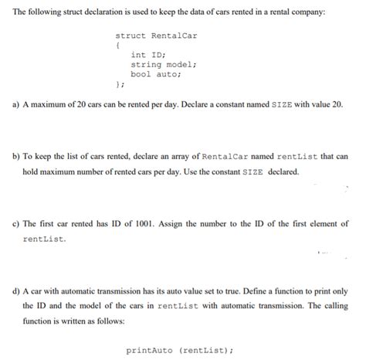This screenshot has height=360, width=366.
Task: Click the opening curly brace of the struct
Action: (x=117, y=45)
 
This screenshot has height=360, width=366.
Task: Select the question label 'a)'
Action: (x=16, y=104)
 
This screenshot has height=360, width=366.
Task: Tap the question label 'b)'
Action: (x=16, y=156)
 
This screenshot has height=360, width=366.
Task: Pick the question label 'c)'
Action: (x=16, y=224)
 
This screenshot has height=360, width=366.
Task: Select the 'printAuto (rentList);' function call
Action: (x=178, y=350)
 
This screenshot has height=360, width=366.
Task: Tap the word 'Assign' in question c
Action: (x=175, y=224)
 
